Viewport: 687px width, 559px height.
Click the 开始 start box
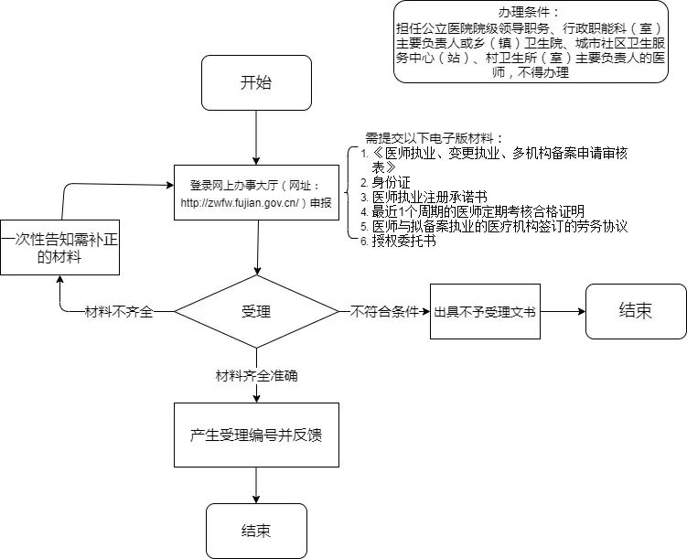tap(256, 82)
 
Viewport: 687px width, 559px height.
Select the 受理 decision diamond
tap(256, 311)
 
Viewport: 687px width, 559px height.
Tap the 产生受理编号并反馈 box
tap(256, 434)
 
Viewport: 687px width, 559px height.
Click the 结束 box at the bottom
tap(256, 531)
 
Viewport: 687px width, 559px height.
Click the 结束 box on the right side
tap(636, 310)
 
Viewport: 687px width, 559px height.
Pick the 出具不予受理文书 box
tap(485, 311)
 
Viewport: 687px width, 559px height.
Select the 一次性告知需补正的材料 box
tap(59, 247)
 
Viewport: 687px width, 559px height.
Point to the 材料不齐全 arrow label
tap(119, 311)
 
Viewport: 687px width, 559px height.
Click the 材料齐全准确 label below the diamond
tap(256, 375)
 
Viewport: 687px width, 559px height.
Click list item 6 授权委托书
tap(403, 242)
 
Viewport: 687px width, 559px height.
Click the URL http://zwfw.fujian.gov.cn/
tap(242, 202)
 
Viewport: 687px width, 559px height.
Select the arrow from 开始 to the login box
tap(256, 137)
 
